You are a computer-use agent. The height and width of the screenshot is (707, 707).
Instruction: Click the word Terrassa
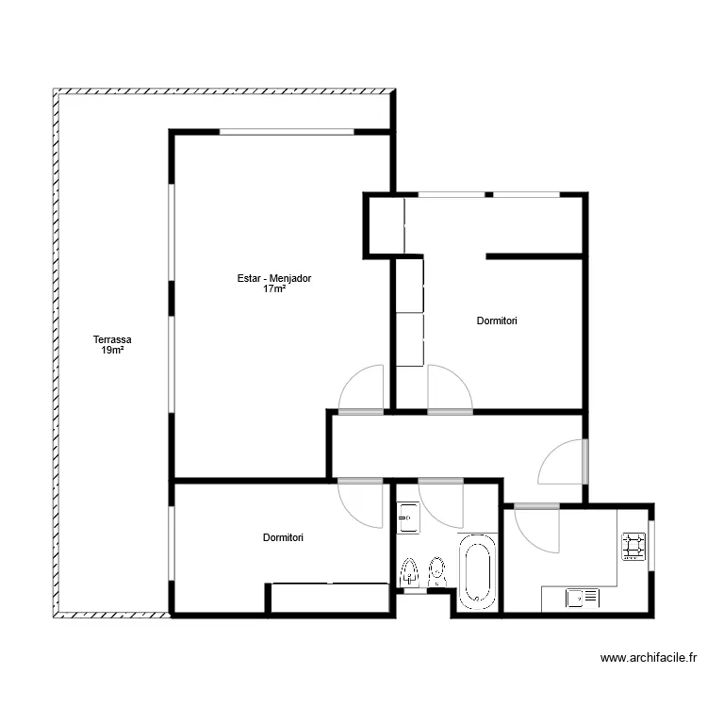point(112,339)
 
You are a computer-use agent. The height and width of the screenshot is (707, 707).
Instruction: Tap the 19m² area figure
point(113,351)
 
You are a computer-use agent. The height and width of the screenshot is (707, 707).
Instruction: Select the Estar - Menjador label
point(274,278)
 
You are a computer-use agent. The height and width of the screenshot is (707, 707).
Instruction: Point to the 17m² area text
point(274,289)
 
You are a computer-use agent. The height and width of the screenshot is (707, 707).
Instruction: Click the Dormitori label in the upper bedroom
point(497,321)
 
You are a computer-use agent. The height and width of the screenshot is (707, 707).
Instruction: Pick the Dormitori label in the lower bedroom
point(283,537)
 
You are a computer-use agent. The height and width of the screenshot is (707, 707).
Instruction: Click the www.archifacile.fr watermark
point(649,658)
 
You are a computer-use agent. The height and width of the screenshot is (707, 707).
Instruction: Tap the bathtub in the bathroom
point(478,572)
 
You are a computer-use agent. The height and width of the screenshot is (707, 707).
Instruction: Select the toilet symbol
point(436,572)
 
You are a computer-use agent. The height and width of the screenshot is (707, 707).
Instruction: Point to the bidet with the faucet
point(409,572)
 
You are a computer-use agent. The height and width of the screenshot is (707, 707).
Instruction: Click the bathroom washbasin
point(408,518)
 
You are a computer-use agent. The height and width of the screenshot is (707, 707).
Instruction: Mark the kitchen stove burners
point(633,547)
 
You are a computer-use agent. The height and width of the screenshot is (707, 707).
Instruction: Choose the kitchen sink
point(583,599)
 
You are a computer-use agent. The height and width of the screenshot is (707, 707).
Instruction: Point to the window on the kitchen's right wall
point(651,546)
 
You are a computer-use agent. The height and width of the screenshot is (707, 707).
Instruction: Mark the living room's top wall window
point(287,132)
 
